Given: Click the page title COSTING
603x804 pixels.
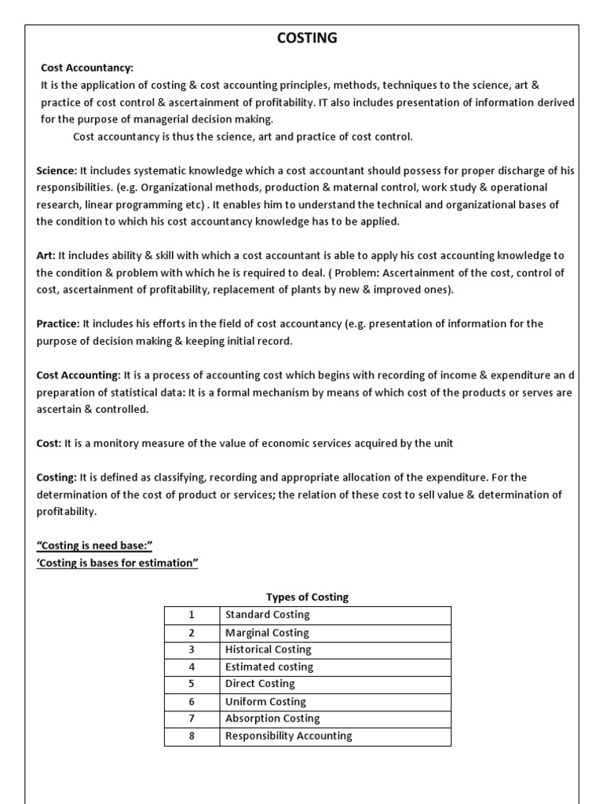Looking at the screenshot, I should pos(307,38).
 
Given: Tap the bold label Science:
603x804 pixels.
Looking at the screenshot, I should pos(57,171).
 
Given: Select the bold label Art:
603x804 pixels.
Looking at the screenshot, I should pos(46,255).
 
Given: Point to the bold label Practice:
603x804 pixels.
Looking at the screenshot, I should pos(58,323).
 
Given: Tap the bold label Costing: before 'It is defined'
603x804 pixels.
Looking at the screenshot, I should pos(57,477).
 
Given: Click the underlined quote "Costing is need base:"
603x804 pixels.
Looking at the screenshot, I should pos(93,546).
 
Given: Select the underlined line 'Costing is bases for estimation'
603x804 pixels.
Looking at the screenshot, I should pos(117,563).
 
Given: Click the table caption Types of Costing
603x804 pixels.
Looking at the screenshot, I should pos(307,597).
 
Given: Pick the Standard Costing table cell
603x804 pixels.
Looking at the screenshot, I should pos(267,615).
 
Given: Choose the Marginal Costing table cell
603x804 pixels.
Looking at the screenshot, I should pos(267,632).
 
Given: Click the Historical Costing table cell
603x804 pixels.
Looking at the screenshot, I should pos(268,649).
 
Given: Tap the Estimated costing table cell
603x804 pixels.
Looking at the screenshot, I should pos(269,667).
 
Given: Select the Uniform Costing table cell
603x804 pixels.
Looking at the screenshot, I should pos(265,701).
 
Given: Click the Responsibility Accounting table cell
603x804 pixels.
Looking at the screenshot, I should pos(288,736).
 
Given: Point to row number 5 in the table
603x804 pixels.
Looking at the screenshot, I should pos(191,684).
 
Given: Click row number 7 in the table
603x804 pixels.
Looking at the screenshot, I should pos(191,718).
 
